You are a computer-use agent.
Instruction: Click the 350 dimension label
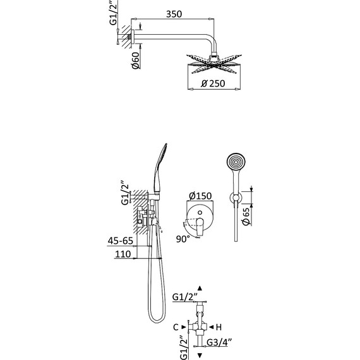tap(174, 14)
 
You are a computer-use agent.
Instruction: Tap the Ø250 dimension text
tap(213, 83)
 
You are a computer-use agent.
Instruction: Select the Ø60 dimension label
tap(136, 61)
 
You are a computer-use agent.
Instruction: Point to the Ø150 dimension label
tap(200, 196)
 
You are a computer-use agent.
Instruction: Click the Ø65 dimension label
tap(246, 216)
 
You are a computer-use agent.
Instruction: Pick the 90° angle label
tap(183, 239)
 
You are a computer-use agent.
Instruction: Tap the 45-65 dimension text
tap(120, 241)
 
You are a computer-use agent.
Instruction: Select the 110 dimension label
tap(123, 254)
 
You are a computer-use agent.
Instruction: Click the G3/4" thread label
tap(219, 342)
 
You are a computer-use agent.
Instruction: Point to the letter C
tap(176, 327)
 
